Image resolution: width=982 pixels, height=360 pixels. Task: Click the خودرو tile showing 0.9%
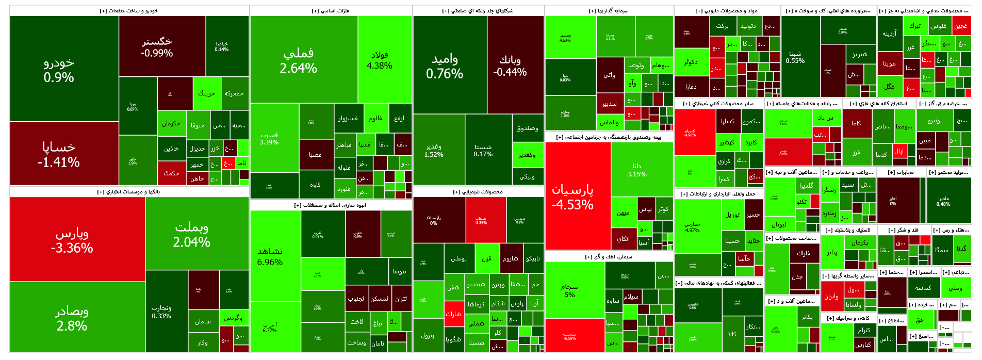tap(58, 70)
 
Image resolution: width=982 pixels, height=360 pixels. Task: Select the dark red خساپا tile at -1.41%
tap(58, 154)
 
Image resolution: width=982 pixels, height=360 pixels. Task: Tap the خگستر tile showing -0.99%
tap(157, 47)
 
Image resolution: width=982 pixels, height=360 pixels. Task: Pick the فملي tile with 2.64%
tap(298, 60)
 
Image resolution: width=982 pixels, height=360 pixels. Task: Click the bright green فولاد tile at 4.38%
tap(380, 60)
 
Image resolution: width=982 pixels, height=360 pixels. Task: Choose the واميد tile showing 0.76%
tap(445, 67)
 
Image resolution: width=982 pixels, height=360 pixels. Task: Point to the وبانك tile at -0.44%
tap(510, 66)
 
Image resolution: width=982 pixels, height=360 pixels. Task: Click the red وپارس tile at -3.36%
tap(72, 240)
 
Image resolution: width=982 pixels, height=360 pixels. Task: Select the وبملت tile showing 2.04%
tap(191, 234)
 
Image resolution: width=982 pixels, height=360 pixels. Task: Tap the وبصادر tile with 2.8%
tap(72, 318)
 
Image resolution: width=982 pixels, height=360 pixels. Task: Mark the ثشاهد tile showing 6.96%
tap(270, 256)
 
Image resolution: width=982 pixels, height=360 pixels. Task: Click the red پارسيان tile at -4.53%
tap(572, 197)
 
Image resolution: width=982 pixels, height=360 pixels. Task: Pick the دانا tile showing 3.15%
tap(636, 170)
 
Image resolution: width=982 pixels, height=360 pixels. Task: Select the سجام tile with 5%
tap(569, 290)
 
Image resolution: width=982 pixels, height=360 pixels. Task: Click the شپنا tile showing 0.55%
tap(795, 57)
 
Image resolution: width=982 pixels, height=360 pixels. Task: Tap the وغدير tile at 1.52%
tap(434, 150)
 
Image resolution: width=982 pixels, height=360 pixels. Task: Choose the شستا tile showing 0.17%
tap(483, 150)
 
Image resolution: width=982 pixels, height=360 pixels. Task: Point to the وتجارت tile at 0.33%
tap(161, 312)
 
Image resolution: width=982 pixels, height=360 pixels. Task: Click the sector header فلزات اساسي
tap(331, 11)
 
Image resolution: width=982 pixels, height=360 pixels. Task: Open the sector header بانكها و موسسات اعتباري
tap(129, 192)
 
